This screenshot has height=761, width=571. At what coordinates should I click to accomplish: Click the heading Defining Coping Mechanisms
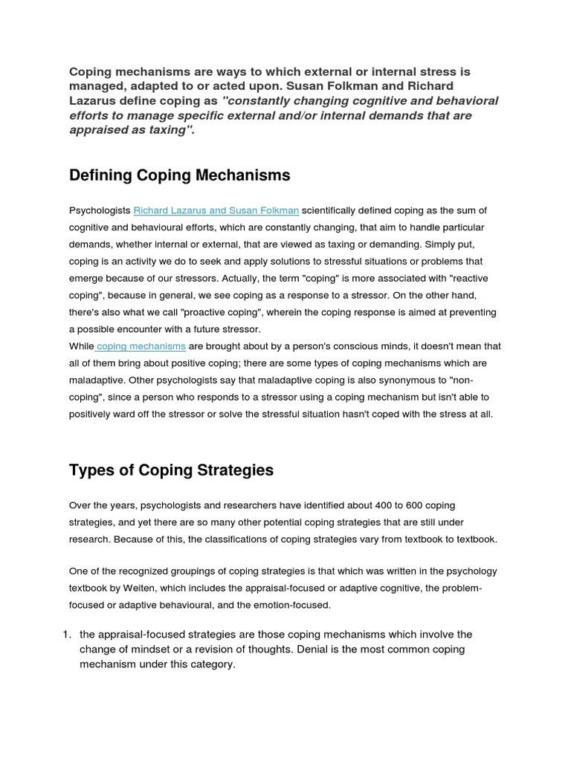pyautogui.click(x=179, y=175)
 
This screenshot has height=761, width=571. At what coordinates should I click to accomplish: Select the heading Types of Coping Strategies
pyautogui.click(x=171, y=470)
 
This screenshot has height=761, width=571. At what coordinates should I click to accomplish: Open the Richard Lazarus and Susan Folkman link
pyautogui.click(x=216, y=211)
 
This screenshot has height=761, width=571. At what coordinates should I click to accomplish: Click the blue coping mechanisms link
pyautogui.click(x=141, y=346)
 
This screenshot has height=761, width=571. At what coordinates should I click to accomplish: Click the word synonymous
pyautogui.click(x=399, y=380)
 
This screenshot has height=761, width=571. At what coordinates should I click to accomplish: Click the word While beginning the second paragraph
pyautogui.click(x=81, y=346)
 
